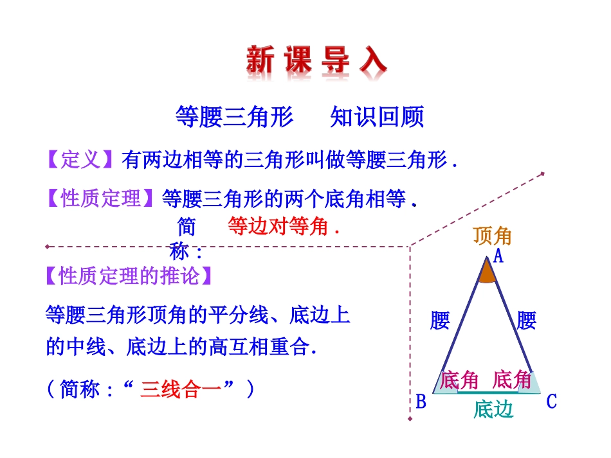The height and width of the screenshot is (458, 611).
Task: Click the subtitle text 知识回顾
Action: tap(377, 118)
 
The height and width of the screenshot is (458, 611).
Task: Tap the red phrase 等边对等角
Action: tap(283, 227)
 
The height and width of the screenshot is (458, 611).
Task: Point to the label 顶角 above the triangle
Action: tap(492, 236)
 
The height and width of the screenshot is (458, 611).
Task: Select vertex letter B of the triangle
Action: tap(421, 403)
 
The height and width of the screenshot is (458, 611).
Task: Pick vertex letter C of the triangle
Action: tap(551, 402)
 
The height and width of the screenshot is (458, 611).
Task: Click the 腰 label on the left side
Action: tap(440, 321)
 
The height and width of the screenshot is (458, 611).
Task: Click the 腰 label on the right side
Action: tap(526, 321)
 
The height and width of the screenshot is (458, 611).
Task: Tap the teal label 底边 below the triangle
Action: tap(493, 409)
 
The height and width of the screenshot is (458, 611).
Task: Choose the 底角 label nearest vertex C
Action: tap(512, 380)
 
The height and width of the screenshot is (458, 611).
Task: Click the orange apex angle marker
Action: tap(487, 274)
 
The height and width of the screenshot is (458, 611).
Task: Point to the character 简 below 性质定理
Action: tap(186, 227)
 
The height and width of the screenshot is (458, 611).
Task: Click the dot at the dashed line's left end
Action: tap(47, 246)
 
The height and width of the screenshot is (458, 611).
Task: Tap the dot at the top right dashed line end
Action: tap(543, 173)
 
